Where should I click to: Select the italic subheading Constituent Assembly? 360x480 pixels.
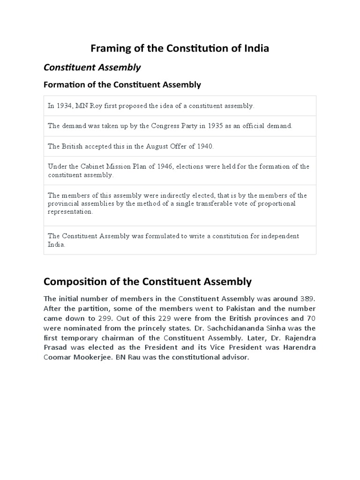point(92,67)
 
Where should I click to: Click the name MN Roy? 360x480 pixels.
point(88,106)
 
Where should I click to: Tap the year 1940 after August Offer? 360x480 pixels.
point(204,146)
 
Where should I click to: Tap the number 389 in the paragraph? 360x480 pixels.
point(307,299)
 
